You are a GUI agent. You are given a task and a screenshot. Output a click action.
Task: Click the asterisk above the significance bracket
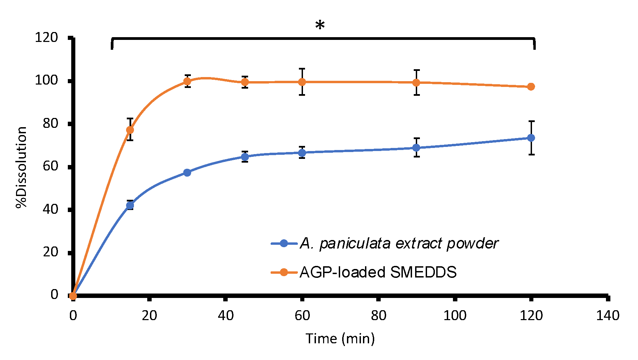[x=320, y=25]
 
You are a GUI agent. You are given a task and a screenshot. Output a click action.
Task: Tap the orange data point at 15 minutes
[x=130, y=130]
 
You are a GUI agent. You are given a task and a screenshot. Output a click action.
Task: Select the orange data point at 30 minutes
[x=187, y=81]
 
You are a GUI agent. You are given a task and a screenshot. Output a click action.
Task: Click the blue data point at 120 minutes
[x=531, y=138]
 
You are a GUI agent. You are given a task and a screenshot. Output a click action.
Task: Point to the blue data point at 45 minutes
[x=245, y=157]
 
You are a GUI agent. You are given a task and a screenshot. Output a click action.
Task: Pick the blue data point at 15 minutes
[x=130, y=205]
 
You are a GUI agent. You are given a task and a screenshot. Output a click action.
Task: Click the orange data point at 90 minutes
[x=416, y=82]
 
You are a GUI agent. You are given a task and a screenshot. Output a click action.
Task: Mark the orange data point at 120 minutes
[x=531, y=87]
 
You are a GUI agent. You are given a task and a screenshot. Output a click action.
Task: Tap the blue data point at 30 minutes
[x=187, y=172]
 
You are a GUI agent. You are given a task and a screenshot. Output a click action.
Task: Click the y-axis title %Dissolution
[x=21, y=167]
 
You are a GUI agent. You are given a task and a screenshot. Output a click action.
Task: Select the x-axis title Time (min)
[x=340, y=339]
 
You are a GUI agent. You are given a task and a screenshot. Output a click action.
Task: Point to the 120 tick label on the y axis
[x=46, y=37]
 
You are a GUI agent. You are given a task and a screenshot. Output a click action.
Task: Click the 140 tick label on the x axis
[x=607, y=315]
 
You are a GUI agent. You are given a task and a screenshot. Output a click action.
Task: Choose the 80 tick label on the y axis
[x=50, y=123]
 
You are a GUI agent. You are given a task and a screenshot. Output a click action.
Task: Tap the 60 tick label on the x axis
[x=302, y=315]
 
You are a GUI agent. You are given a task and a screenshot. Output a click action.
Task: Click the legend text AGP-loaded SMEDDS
[x=378, y=272]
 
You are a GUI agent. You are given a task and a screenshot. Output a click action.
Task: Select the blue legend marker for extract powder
[x=284, y=243]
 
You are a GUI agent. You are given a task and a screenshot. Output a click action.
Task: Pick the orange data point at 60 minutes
[x=302, y=82]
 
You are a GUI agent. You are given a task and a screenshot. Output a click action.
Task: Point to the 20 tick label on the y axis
[x=50, y=252]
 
